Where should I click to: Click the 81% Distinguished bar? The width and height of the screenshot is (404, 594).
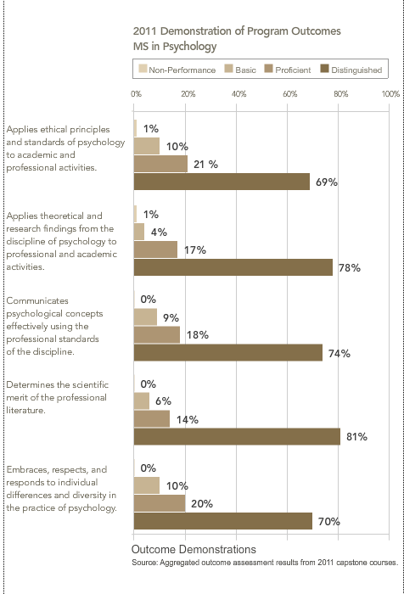point(237,436)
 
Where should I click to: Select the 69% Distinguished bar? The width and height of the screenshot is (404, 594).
point(222,182)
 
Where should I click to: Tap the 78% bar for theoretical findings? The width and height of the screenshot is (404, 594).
point(233,267)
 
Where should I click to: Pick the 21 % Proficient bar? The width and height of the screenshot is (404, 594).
point(160,164)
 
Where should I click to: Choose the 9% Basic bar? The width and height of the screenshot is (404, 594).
point(145,317)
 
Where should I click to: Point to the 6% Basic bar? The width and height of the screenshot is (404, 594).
point(142,401)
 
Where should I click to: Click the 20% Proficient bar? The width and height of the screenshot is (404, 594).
point(160,503)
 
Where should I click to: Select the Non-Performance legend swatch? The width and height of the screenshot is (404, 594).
point(143,69)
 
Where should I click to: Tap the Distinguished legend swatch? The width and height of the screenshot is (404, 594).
point(324,69)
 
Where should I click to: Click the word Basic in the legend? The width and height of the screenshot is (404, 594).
point(245,70)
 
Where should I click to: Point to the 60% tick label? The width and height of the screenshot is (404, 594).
point(290,94)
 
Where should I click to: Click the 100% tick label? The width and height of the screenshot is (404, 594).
point(390,94)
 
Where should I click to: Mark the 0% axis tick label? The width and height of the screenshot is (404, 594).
point(136,94)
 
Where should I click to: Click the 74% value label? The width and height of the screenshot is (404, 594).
point(339,354)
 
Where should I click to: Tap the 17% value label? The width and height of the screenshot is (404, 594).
point(195,250)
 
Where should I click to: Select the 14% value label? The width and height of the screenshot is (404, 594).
point(188,420)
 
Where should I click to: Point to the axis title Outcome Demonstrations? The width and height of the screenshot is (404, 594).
point(194,549)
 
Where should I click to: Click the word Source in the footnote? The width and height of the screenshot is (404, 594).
point(144,563)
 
